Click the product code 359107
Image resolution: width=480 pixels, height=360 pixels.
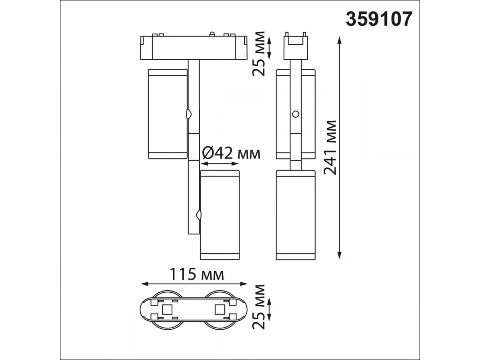pos(379,19)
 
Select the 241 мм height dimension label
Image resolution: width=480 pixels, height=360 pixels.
pos(330,148)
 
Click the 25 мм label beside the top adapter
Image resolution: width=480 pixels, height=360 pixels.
pos(258,54)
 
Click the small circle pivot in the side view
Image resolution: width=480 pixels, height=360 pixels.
pos(296,114)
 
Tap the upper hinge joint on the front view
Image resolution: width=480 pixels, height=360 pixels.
pos(188,114)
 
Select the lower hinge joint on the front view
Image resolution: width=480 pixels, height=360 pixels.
pos(199,215)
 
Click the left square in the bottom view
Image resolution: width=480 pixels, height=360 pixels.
pos(167,310)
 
